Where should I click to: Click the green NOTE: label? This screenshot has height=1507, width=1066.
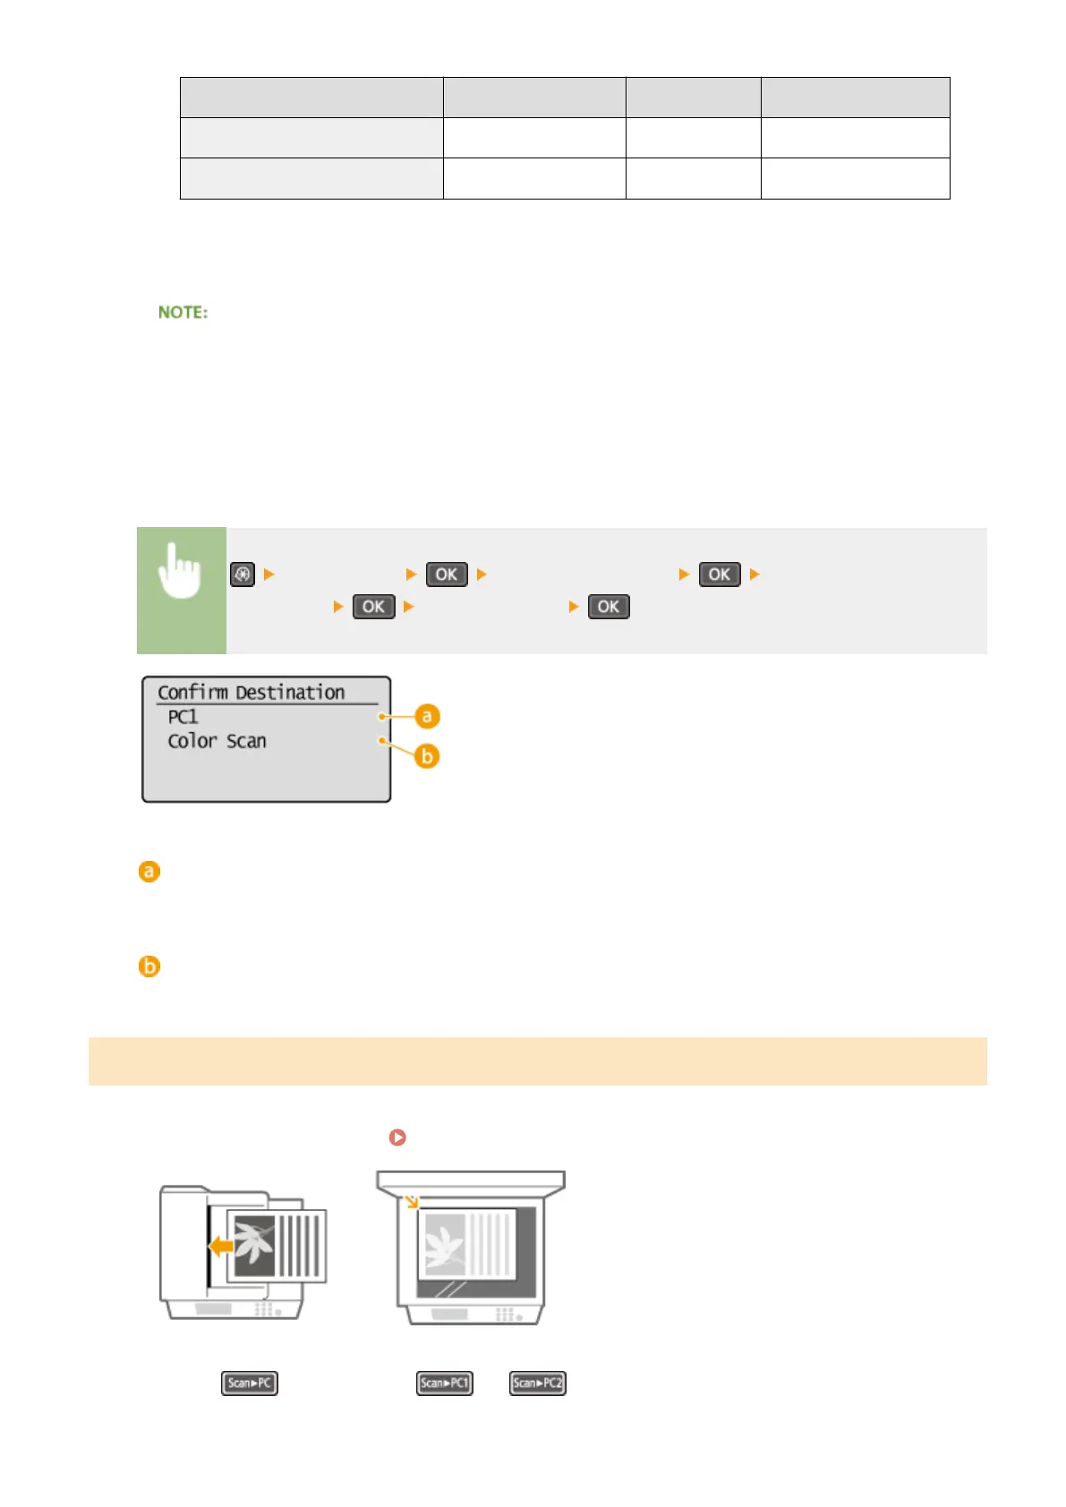pos(183,312)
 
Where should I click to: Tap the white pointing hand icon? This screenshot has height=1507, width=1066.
pos(180,572)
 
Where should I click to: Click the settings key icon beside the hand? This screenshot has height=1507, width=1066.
pos(243,575)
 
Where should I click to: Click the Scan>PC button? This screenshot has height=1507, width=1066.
pos(250,1384)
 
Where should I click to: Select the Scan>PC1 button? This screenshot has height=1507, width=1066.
pos(445,1384)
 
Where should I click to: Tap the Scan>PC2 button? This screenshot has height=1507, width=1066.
pos(538,1384)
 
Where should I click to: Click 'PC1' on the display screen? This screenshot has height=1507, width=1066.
pos(183,717)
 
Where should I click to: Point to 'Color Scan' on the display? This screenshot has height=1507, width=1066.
pos(217,741)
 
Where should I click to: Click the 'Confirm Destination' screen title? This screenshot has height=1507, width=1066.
pos(251,693)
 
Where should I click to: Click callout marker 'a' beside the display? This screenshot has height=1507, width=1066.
pos(427,716)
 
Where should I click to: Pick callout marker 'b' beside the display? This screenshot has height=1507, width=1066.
pos(427,756)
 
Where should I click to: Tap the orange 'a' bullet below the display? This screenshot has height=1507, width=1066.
pos(149,872)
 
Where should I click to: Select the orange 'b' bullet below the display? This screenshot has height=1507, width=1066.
pos(149,966)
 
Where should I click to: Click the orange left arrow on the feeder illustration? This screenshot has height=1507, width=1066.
pos(220,1245)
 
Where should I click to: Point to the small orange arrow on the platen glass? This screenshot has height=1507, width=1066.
pos(412,1201)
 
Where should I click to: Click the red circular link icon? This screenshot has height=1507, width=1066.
pos(397,1137)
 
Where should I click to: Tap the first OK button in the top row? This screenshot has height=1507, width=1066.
pos(447,575)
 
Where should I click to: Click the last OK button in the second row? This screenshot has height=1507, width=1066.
pos(609,607)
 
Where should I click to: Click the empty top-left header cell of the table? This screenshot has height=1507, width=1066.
pos(311,98)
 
